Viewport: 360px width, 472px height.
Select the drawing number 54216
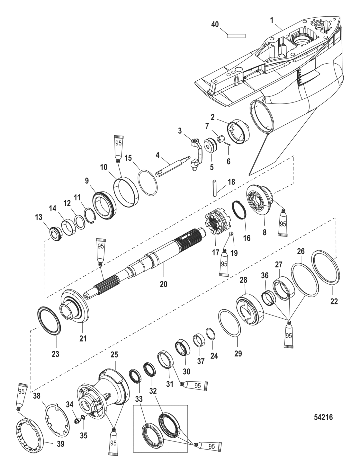click(323, 417)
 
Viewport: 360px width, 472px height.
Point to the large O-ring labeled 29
click(230, 323)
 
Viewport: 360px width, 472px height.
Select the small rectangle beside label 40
click(236, 36)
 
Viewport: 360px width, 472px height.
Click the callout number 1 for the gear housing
click(272, 20)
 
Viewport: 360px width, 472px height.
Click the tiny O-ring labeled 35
click(83, 417)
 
